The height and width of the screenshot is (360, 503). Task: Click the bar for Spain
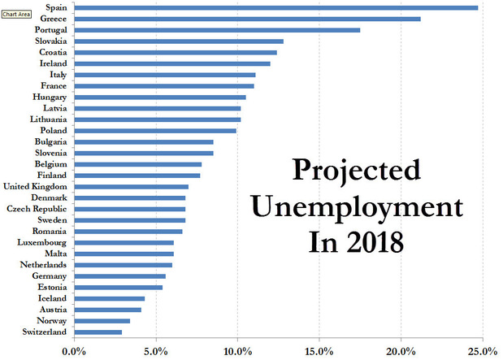(276, 7)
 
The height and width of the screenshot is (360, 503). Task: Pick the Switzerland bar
(98, 332)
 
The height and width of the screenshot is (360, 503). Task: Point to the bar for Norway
(102, 320)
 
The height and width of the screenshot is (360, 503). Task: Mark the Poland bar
(154, 130)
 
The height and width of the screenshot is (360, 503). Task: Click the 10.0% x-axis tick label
(236, 351)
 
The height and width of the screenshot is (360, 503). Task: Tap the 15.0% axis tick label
(319, 351)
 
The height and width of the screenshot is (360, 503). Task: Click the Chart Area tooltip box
(15, 14)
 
